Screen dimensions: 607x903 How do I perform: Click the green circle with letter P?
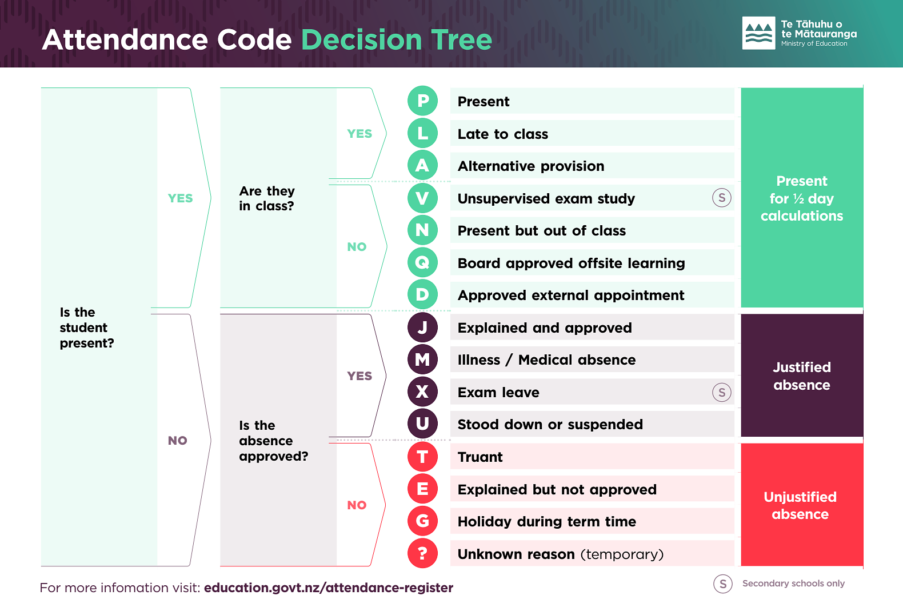tap(422, 101)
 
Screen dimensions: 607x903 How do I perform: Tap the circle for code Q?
tap(422, 262)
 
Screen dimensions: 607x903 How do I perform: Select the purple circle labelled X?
tap(422, 392)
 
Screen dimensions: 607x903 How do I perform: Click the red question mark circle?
tap(422, 553)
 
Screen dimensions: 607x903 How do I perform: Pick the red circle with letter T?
tap(422, 457)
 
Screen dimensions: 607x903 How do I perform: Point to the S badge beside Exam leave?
tap(722, 392)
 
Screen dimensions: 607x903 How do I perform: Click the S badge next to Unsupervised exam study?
tap(722, 198)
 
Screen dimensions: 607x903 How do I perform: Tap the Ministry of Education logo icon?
tap(758, 33)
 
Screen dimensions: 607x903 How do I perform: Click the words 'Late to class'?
tap(503, 134)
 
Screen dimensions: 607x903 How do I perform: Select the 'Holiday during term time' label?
tap(547, 521)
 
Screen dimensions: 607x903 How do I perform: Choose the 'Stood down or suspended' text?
tap(550, 424)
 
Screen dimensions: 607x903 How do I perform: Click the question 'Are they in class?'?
tap(267, 198)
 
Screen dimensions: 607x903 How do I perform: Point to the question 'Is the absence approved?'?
tap(273, 441)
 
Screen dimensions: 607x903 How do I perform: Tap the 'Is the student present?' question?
tap(86, 328)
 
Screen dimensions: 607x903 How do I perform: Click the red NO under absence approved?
tap(357, 505)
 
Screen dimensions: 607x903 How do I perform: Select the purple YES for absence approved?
tap(359, 376)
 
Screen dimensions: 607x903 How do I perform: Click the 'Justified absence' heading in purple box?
tap(802, 376)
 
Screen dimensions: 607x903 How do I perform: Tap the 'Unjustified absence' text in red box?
tap(800, 505)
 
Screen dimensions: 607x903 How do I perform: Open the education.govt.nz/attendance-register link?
tap(329, 588)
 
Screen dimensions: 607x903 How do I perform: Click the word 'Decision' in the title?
tap(361, 40)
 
